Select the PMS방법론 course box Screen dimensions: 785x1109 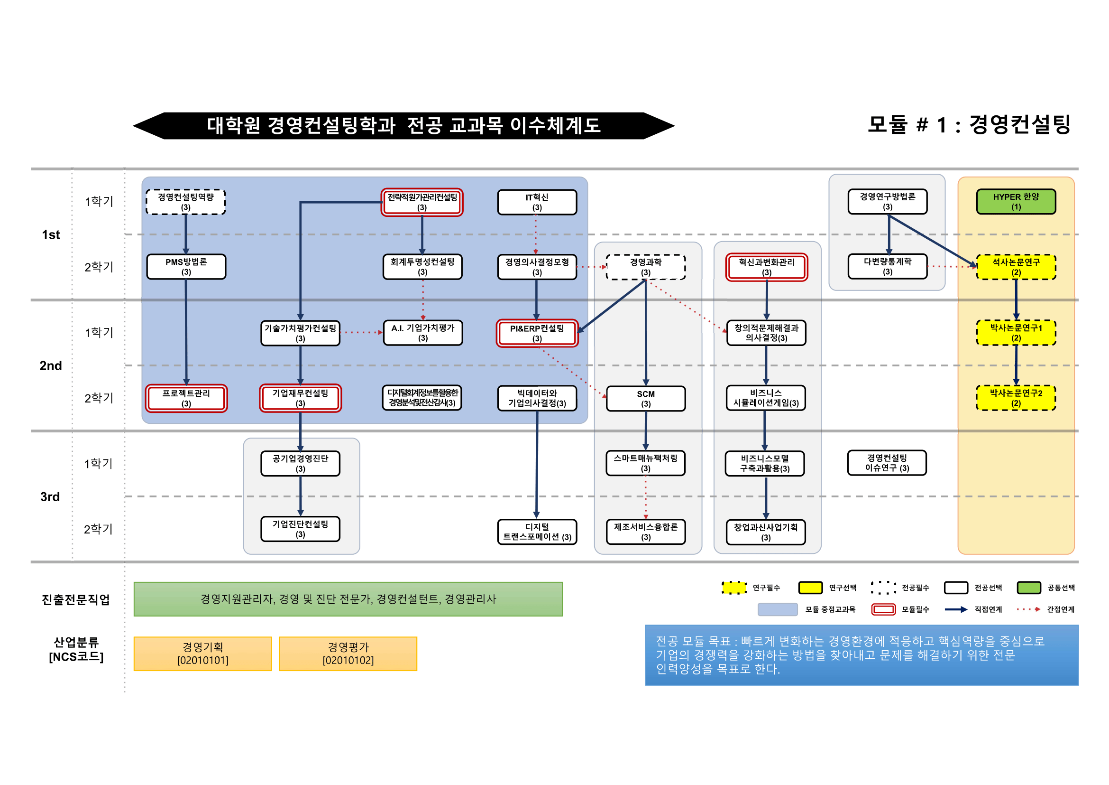pyautogui.click(x=186, y=266)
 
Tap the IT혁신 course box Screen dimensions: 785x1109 pyautogui.click(x=537, y=202)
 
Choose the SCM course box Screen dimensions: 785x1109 pyautogui.click(x=645, y=398)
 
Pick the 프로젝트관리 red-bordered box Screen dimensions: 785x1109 pyautogui.click(x=186, y=398)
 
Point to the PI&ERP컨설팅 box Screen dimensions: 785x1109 pyautogui.click(x=537, y=333)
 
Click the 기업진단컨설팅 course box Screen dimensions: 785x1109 pyautogui.click(x=300, y=528)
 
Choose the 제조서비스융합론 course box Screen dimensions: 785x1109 pyautogui.click(x=645, y=531)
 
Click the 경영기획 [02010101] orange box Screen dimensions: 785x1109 pyautogui.click(x=202, y=653)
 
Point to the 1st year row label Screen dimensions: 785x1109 pyautogui.click(x=51, y=235)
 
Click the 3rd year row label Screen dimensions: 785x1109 pyautogui.click(x=50, y=496)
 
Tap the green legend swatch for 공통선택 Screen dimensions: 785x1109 pyautogui.click(x=1028, y=587)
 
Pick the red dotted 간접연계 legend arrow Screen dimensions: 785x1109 pyautogui.click(x=1028, y=609)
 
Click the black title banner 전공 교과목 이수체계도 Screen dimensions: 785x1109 pyautogui.click(x=403, y=126)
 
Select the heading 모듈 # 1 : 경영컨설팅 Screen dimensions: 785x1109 pyautogui.click(x=969, y=125)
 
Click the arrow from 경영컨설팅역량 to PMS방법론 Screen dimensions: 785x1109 pyautogui.click(x=185, y=234)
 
